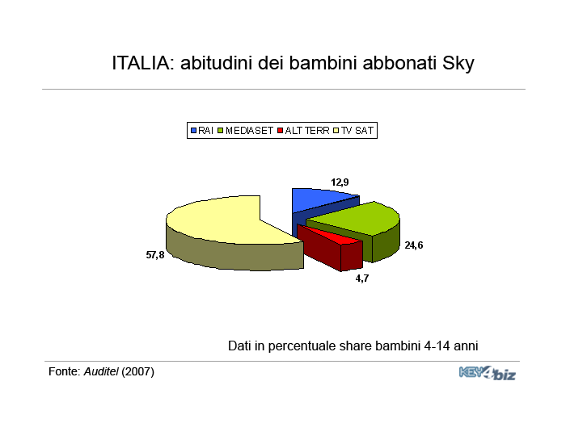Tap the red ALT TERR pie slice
coord(332,249)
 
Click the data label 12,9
coord(340,182)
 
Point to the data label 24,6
coord(414,245)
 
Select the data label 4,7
coord(362,279)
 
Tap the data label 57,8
coord(155,255)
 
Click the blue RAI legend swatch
coord(193,131)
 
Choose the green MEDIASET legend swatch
coord(221,131)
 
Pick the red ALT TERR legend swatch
coord(280,131)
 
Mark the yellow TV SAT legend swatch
coord(336,131)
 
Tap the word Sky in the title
coord(458,64)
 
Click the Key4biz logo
coord(488,373)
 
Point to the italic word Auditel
coord(101,371)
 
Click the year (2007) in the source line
coord(138,371)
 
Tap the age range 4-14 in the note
coord(437,346)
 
